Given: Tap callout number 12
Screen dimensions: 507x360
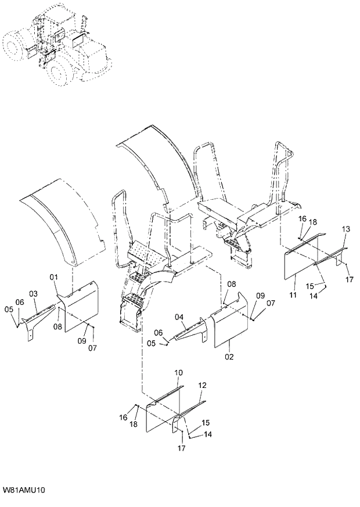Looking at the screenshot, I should tap(202, 385).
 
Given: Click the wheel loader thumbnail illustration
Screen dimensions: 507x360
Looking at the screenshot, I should tap(58, 44).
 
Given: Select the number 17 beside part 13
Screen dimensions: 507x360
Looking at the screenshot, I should tap(350, 279).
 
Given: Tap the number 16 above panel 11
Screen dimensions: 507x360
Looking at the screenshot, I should tap(302, 218).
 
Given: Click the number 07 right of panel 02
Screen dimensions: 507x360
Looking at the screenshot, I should tap(271, 303).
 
